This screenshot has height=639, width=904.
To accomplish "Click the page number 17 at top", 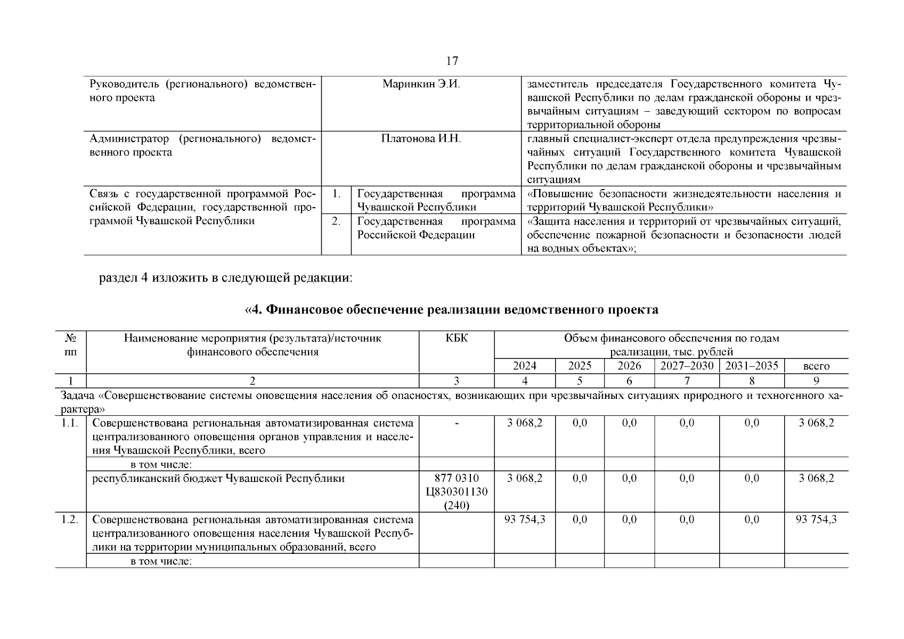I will (x=452, y=61).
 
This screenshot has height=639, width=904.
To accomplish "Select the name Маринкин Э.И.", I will (x=421, y=84).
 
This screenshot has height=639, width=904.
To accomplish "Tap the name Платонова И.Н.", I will (x=421, y=139).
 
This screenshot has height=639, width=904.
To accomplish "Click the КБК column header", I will (x=457, y=339).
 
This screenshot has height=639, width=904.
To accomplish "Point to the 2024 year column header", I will (x=524, y=366).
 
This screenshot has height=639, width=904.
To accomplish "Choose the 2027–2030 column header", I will (x=687, y=366).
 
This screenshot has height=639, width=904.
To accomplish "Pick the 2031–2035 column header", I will (x=751, y=366).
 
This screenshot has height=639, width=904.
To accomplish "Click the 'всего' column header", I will (x=816, y=366).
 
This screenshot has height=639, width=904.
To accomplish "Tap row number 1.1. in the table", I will (x=70, y=423).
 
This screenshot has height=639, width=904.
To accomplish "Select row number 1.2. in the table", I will (x=70, y=520).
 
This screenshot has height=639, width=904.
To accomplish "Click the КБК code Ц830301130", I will (x=457, y=492).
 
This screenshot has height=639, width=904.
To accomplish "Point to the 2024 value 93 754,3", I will (x=524, y=520).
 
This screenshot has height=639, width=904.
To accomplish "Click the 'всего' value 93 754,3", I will (x=816, y=520).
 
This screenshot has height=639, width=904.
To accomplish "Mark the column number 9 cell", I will (x=816, y=381).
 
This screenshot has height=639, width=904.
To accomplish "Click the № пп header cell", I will (x=70, y=345).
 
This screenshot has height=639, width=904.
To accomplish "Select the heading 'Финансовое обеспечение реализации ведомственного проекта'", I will (x=451, y=310).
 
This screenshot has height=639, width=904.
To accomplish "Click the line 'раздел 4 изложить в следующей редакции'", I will (x=226, y=278).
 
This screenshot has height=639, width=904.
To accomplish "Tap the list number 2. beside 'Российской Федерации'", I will (x=336, y=221).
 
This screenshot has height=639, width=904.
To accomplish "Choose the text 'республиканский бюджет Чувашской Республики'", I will (x=218, y=478).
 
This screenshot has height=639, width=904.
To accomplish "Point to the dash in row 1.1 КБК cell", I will (x=457, y=423).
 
